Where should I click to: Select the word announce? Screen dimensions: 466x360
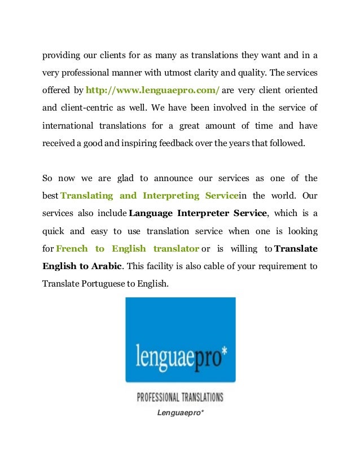[x=173, y=178]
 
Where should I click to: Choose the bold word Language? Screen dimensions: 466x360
[x=152, y=213]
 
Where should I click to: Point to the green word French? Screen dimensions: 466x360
[x=72, y=248]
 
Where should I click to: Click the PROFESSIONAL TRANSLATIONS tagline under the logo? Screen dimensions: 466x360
[x=180, y=397]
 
